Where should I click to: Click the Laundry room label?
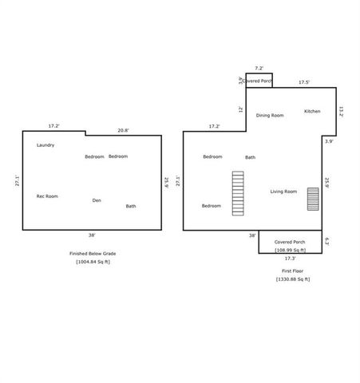click(45, 145)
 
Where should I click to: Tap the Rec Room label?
click(47, 195)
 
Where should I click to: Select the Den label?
click(97, 200)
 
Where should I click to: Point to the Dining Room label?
click(270, 116)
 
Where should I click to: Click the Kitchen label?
click(312, 111)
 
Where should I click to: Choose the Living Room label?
click(283, 191)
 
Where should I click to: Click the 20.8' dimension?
click(123, 130)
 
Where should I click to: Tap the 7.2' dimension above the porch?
click(259, 69)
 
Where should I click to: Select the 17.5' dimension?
click(304, 82)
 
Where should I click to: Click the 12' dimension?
click(240, 109)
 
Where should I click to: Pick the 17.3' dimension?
click(291, 259)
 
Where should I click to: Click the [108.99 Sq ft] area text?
click(290, 249)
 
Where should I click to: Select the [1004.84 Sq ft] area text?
click(93, 262)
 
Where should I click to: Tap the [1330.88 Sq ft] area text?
click(293, 279)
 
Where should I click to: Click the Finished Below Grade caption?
click(93, 253)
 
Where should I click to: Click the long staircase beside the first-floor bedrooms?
click(237, 193)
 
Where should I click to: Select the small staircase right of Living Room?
click(313, 199)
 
